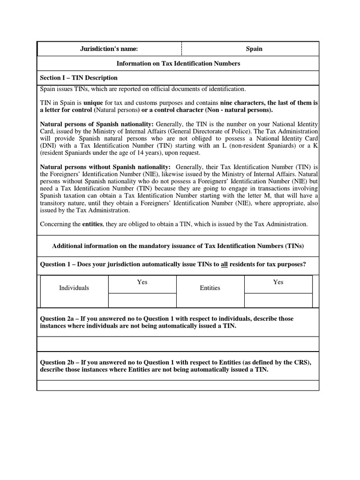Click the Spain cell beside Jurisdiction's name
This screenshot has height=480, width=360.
[x=254, y=49]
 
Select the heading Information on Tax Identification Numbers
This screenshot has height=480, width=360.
[x=178, y=63]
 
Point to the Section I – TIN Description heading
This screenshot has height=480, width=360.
[x=79, y=78]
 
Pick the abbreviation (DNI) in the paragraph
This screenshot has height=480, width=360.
[x=49, y=146]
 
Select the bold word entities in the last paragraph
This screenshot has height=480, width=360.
[x=93, y=225]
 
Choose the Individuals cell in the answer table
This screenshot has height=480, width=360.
[x=74, y=288]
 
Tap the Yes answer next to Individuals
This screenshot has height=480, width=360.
[x=142, y=282]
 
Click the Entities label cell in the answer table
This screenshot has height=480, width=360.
[x=210, y=288]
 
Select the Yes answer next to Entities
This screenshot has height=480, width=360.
[x=278, y=282]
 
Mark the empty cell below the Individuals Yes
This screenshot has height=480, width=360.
[x=142, y=300]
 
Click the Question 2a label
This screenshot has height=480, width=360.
[x=59, y=319]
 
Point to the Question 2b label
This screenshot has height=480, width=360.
[x=59, y=363]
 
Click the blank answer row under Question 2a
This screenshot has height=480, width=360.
[x=178, y=346]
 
